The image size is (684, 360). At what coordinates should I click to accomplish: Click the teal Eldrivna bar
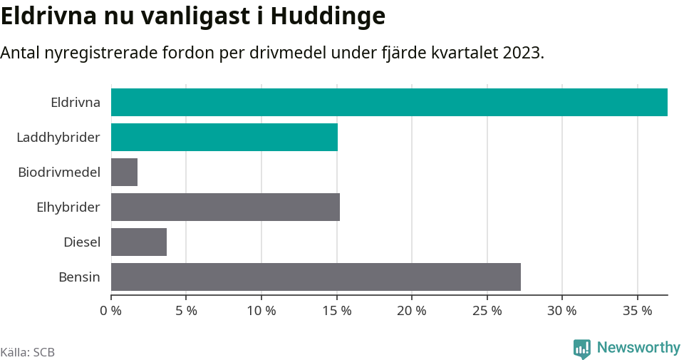tap(389, 102)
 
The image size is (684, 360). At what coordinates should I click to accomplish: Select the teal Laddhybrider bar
tap(224, 137)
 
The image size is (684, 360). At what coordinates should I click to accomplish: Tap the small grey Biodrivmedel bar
tap(124, 172)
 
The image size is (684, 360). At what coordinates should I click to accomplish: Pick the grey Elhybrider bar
tap(225, 207)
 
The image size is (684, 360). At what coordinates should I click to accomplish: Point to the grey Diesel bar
tap(139, 242)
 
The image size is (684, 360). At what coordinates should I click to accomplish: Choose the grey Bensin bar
tap(316, 277)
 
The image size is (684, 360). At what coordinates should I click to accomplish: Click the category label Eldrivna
tap(76, 102)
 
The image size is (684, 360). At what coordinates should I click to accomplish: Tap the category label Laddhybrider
tap(58, 137)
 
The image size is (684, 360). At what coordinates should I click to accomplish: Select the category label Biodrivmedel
tap(59, 172)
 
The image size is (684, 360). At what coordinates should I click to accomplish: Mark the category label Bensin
tap(79, 277)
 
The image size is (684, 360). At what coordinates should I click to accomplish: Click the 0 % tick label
tap(111, 311)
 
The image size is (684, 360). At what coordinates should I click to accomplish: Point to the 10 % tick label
tap(261, 311)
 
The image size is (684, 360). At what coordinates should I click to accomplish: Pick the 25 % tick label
tap(487, 311)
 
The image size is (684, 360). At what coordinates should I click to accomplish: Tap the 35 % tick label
tap(637, 311)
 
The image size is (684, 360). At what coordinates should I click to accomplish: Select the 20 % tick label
tap(412, 311)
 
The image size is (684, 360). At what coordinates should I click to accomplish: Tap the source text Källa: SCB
tap(28, 352)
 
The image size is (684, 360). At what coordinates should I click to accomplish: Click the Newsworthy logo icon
tap(582, 349)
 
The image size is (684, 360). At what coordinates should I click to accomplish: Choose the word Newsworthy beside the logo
tap(638, 348)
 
